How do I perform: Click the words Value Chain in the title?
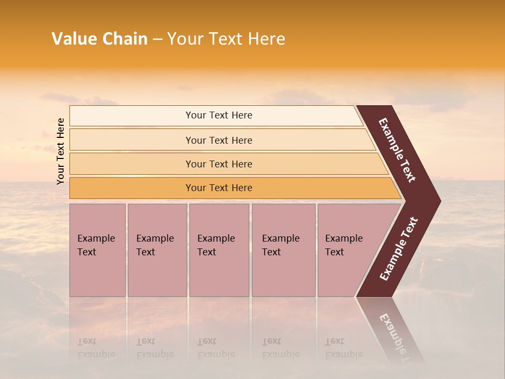[x=99, y=39]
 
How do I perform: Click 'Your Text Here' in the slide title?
[x=226, y=39]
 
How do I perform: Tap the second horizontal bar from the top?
[x=219, y=140]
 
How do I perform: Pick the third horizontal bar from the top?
[x=219, y=164]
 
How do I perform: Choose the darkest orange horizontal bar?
[x=219, y=188]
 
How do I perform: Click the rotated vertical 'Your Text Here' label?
[x=60, y=151]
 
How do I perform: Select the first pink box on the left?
[x=97, y=250]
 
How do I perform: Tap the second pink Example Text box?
[x=157, y=250]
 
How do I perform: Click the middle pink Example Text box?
[x=219, y=250]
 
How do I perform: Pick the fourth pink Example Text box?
[x=283, y=250]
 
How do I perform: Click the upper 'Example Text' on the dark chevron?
[x=397, y=150]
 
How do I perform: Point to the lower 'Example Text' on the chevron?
[x=399, y=248]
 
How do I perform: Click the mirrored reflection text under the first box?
[x=96, y=348]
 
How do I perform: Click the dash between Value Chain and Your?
[x=157, y=39]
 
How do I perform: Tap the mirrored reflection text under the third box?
[x=216, y=348]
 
